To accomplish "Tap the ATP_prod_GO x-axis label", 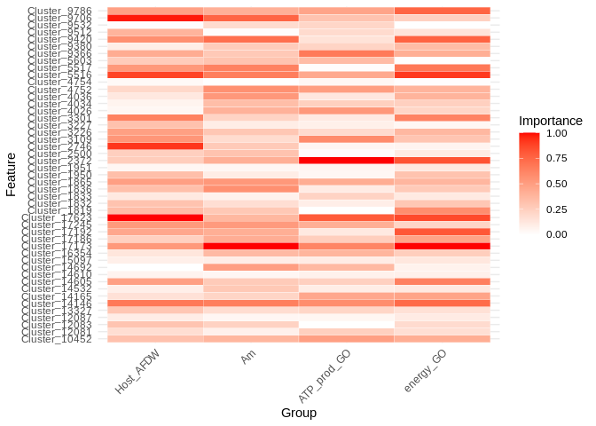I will [x=325, y=373].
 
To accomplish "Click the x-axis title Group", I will [x=299, y=413].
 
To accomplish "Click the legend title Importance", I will [x=550, y=121].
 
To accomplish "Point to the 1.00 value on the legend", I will [x=558, y=133].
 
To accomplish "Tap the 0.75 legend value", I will [x=558, y=159].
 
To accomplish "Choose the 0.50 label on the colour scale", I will [x=558, y=184].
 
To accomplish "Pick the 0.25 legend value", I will [x=558, y=209].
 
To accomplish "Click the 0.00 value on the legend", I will [x=558, y=234].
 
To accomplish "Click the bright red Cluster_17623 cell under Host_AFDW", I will [x=155, y=217].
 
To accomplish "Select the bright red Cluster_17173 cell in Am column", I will [x=251, y=246].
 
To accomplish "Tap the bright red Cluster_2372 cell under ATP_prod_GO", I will [x=346, y=161].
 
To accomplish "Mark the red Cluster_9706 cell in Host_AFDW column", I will [x=155, y=18].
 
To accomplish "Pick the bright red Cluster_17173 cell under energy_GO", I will [x=442, y=246].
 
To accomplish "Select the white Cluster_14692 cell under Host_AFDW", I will [x=155, y=267].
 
